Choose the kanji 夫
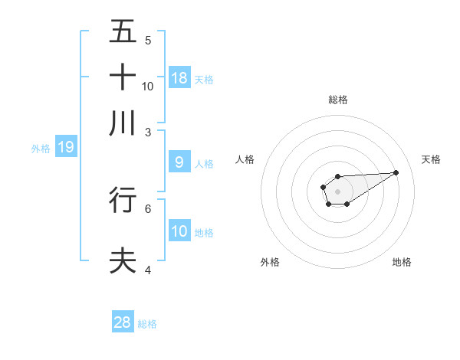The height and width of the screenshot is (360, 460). (123, 260)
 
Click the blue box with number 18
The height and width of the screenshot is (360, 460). (179, 78)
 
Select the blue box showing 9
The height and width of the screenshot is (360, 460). (179, 162)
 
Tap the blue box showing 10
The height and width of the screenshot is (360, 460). (179, 231)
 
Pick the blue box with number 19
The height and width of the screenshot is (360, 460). (66, 147)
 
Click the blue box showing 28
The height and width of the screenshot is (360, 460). (123, 322)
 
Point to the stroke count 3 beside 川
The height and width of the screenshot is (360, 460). (148, 132)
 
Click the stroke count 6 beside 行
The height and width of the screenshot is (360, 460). (148, 208)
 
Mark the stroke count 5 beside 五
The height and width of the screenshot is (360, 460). (148, 40)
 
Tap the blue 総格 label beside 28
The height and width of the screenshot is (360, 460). (147, 324)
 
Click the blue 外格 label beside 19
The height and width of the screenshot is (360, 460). (40, 148)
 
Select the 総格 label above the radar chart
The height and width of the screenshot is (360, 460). (337, 100)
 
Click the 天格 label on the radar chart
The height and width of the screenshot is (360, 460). (431, 159)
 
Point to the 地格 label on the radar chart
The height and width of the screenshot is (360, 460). (402, 262)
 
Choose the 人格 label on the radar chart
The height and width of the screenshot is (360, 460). (245, 159)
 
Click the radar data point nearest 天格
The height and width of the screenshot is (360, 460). (396, 172)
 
